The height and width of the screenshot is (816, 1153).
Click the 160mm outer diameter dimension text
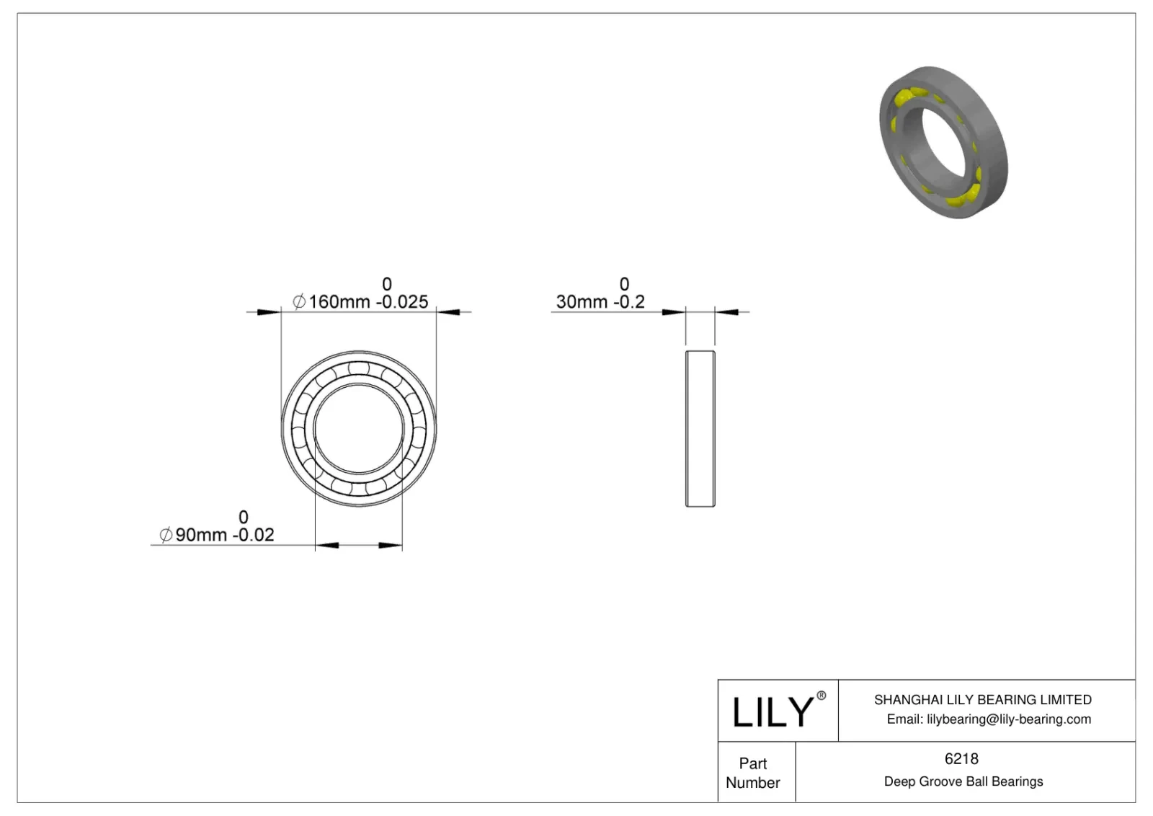339,302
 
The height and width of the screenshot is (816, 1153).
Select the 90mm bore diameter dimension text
201,535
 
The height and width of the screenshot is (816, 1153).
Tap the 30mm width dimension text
582,302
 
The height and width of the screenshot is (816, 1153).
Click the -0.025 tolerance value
401,302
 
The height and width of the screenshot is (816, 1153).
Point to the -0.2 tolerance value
628,302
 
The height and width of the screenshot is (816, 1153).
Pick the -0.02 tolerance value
253,535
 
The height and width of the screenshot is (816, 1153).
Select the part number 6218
961,758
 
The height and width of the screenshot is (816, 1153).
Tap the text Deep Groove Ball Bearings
963,781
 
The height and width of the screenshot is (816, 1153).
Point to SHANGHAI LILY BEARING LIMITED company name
982,699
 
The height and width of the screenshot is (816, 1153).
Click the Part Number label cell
753,773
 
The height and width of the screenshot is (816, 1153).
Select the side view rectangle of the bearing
700,429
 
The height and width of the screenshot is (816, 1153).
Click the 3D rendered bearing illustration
943,142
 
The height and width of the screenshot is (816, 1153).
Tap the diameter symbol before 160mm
299,302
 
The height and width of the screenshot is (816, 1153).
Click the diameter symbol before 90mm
166,535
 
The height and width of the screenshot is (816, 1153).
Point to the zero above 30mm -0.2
624,284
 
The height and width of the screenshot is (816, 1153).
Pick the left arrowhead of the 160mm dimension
270,312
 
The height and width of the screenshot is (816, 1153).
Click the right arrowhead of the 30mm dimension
726,312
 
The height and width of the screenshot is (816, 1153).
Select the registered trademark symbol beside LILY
821,696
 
